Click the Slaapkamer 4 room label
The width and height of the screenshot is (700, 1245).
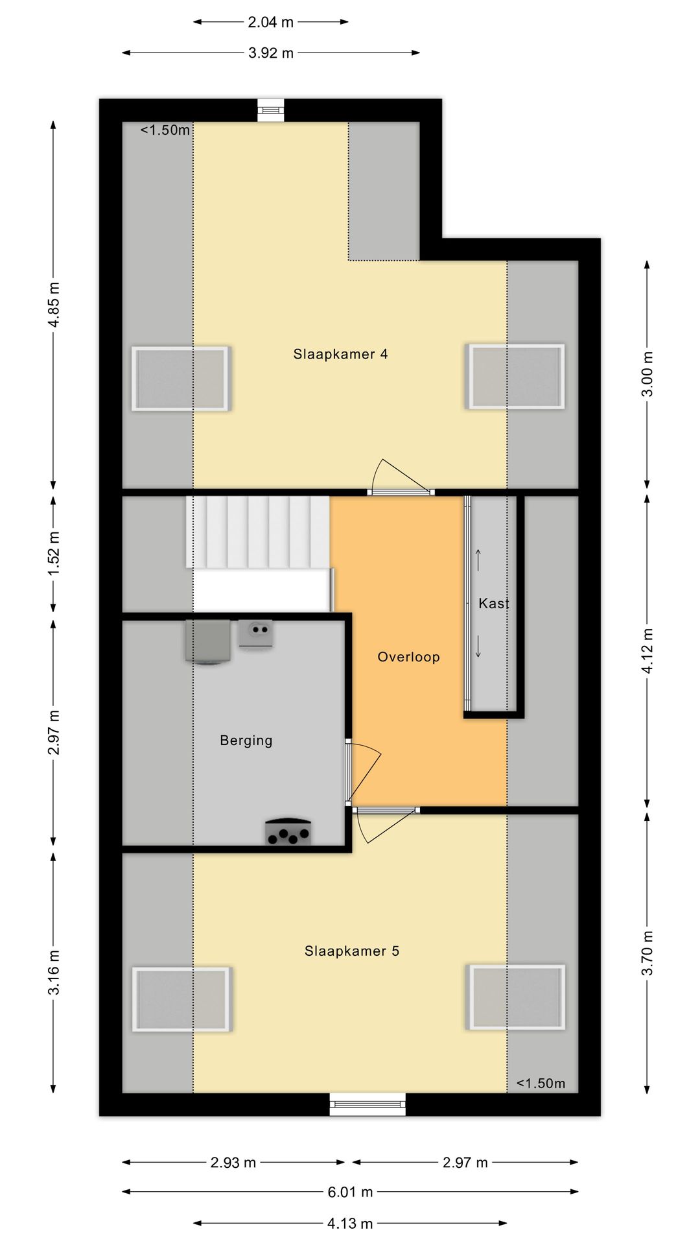point(340,354)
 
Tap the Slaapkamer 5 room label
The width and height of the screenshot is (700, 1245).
point(352,951)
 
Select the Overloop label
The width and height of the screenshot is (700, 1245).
point(408,657)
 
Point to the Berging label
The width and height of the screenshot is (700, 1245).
point(246,741)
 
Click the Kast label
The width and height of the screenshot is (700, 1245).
point(494,604)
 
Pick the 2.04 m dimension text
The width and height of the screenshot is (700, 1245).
point(271,22)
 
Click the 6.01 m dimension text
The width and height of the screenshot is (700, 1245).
point(350,1192)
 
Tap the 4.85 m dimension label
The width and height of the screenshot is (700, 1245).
point(54,305)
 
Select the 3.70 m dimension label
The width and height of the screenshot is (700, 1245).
point(647,953)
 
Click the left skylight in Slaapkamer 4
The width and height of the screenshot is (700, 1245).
point(181,379)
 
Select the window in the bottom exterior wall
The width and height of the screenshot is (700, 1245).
point(367,1104)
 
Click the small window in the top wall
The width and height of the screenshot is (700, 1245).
point(271,110)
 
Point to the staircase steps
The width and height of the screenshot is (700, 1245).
point(258,532)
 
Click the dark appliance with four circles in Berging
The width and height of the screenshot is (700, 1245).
point(288,831)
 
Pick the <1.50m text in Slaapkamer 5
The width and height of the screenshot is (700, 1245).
point(541,1084)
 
